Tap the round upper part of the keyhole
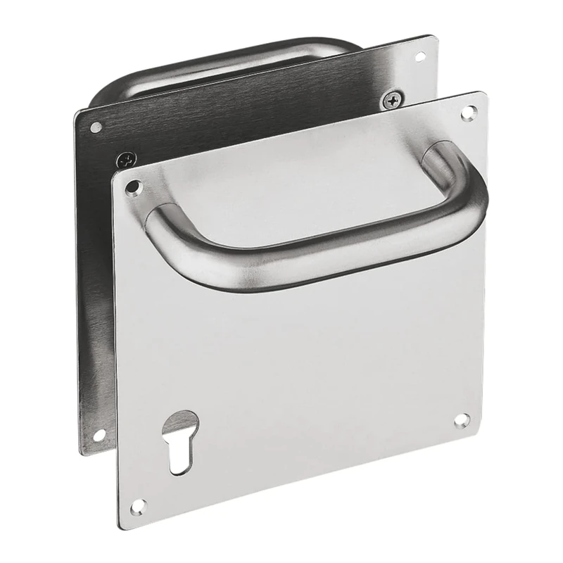click(180, 425)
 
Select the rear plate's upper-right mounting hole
click(420, 56)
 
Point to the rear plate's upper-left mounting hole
click(96, 127)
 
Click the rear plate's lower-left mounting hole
click(99, 436)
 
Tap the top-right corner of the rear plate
click(434, 35)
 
